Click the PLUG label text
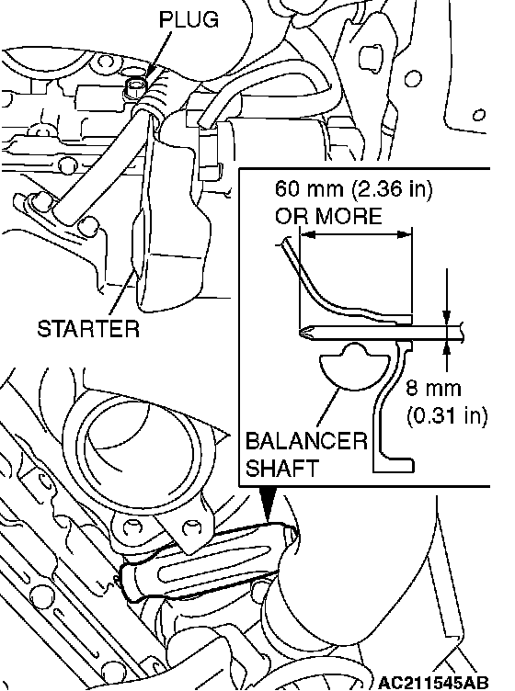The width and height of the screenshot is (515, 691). [189, 20]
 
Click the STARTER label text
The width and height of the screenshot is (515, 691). [88, 329]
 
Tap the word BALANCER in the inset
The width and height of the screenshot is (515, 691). [306, 441]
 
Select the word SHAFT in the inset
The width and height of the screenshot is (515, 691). [281, 468]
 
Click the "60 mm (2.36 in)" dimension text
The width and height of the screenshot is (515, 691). [354, 189]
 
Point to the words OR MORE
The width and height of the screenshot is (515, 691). [328, 216]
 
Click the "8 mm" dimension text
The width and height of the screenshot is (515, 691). [433, 389]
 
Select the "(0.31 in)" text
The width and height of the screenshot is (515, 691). [447, 415]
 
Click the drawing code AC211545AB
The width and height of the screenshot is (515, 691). [433, 682]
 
